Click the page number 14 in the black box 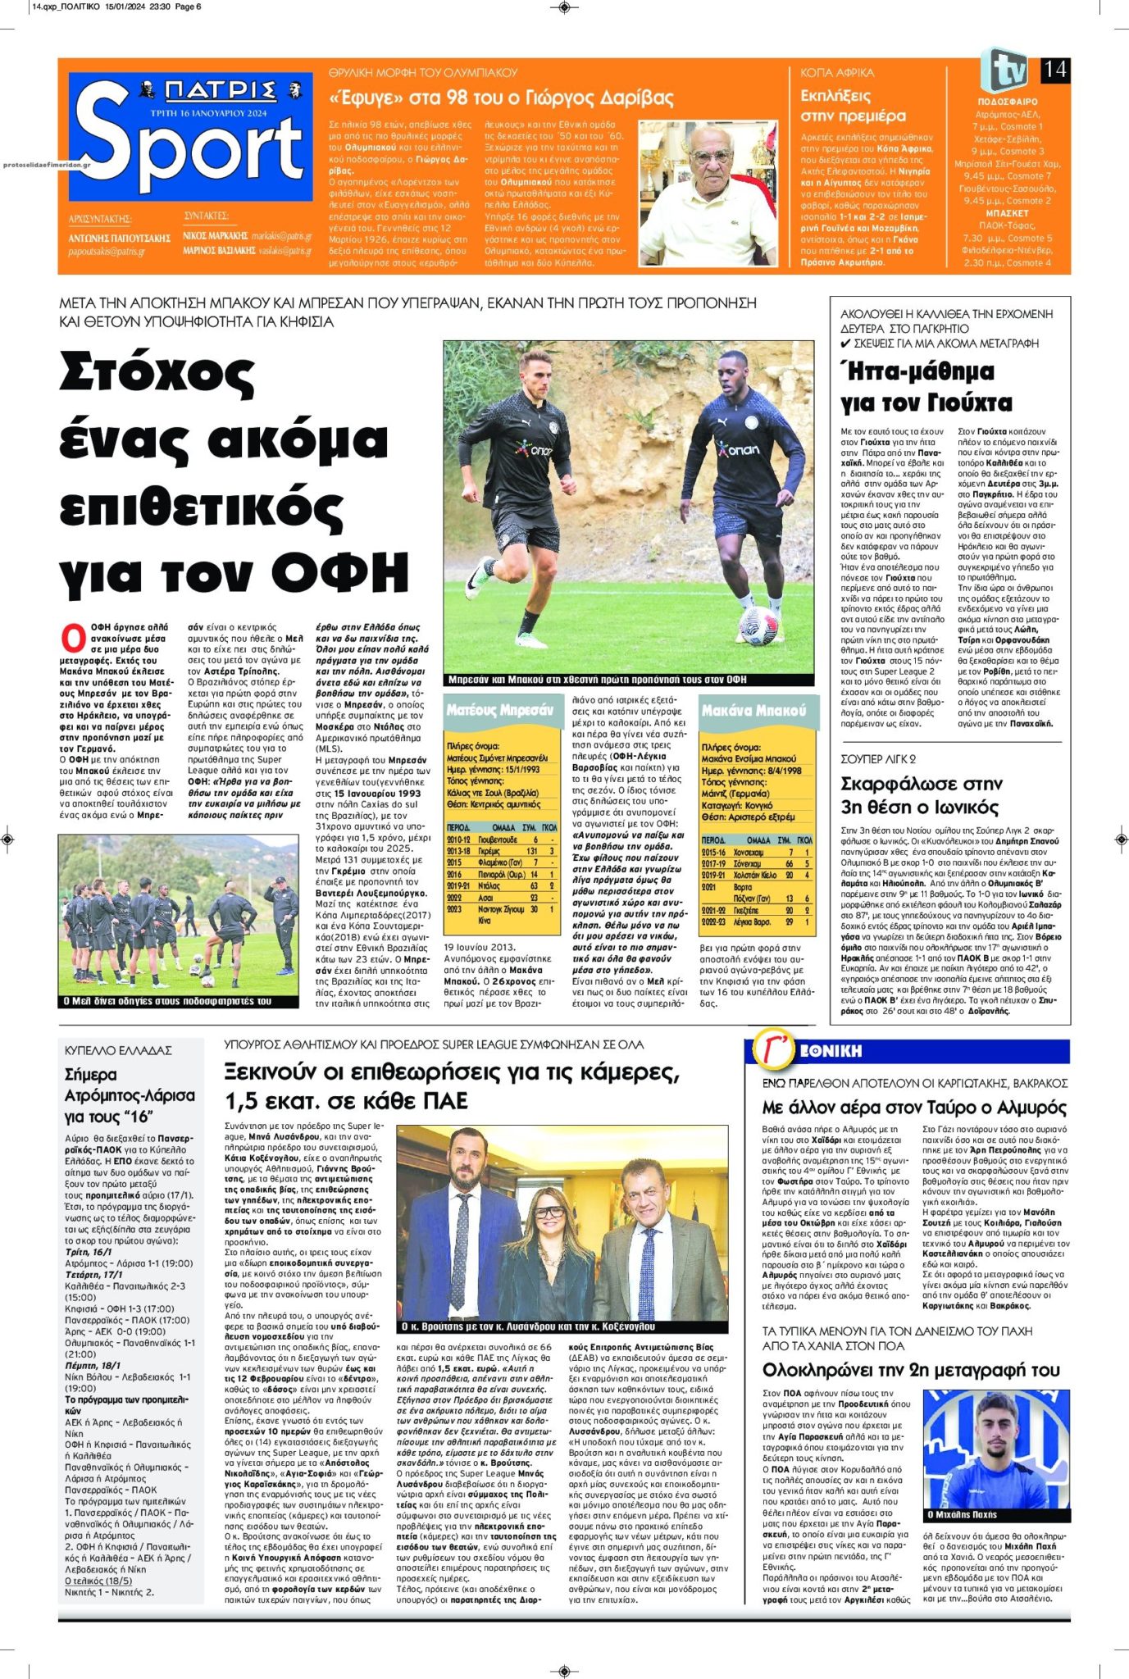(x=1054, y=70)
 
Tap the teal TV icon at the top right (x=1007, y=71)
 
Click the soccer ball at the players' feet (x=758, y=624)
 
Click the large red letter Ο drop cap (x=73, y=639)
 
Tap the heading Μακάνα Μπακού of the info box (x=753, y=710)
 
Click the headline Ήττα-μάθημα (x=917, y=372)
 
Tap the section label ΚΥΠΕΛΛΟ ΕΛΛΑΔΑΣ (x=118, y=1050)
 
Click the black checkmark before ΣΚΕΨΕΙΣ (x=845, y=344)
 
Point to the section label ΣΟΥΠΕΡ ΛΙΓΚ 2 (x=878, y=759)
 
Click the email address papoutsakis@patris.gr (x=107, y=252)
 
